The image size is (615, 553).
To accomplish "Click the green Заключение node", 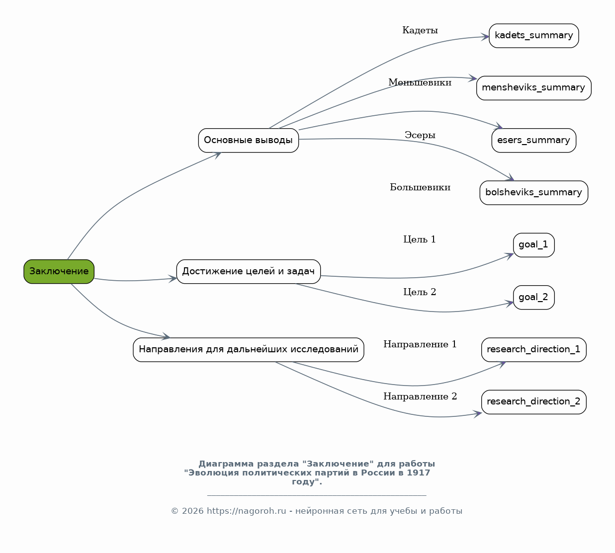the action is click(59, 271).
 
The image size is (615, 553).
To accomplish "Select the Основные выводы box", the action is click(248, 140).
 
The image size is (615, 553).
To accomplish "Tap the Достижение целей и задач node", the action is click(248, 271).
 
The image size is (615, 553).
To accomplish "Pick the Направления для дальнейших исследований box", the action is click(248, 350).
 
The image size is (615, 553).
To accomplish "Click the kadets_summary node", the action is click(534, 36).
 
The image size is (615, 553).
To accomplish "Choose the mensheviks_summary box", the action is click(534, 88).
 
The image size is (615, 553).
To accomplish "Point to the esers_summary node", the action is click(534, 140).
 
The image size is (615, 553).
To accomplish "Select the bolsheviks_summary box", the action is click(534, 192).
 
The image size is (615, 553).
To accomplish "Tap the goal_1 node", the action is click(534, 245).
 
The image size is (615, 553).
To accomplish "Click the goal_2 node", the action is click(534, 297).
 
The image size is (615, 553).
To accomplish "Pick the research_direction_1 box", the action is click(534, 350).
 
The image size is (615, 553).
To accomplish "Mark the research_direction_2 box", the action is click(534, 402).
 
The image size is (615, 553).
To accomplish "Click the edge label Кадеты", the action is click(420, 30).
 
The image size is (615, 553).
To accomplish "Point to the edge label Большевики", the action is click(420, 187).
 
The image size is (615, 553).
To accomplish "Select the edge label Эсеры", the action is click(420, 135).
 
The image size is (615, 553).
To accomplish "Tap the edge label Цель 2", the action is click(420, 292).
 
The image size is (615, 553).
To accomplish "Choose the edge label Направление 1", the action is click(420, 344).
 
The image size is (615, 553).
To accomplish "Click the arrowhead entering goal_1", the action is click(510, 256).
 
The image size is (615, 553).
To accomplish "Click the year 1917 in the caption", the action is click(419, 473).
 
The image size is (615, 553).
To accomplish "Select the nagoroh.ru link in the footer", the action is click(246, 511).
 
